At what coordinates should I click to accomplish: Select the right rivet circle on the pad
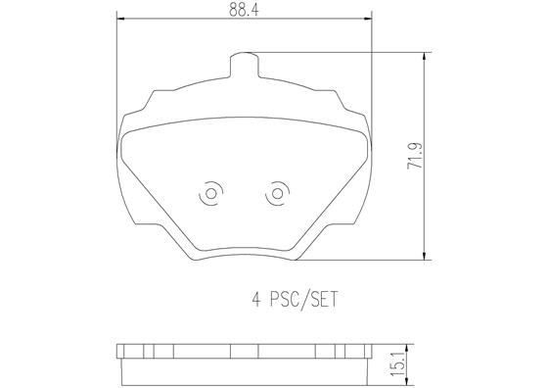278,194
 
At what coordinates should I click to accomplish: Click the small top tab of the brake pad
245,66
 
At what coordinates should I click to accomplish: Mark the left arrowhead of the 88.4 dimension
120,18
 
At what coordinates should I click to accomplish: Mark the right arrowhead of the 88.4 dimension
369,18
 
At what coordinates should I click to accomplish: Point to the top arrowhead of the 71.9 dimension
424,57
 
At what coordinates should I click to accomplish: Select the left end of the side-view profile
118,362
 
